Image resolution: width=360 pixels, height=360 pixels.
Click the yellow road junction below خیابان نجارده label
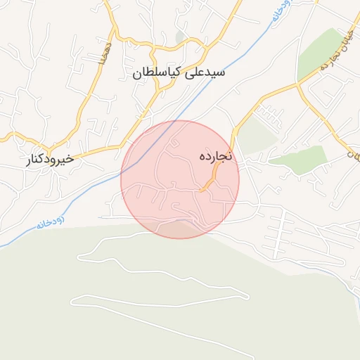pos(298,84)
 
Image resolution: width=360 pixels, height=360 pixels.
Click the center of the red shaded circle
pos(180,179)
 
